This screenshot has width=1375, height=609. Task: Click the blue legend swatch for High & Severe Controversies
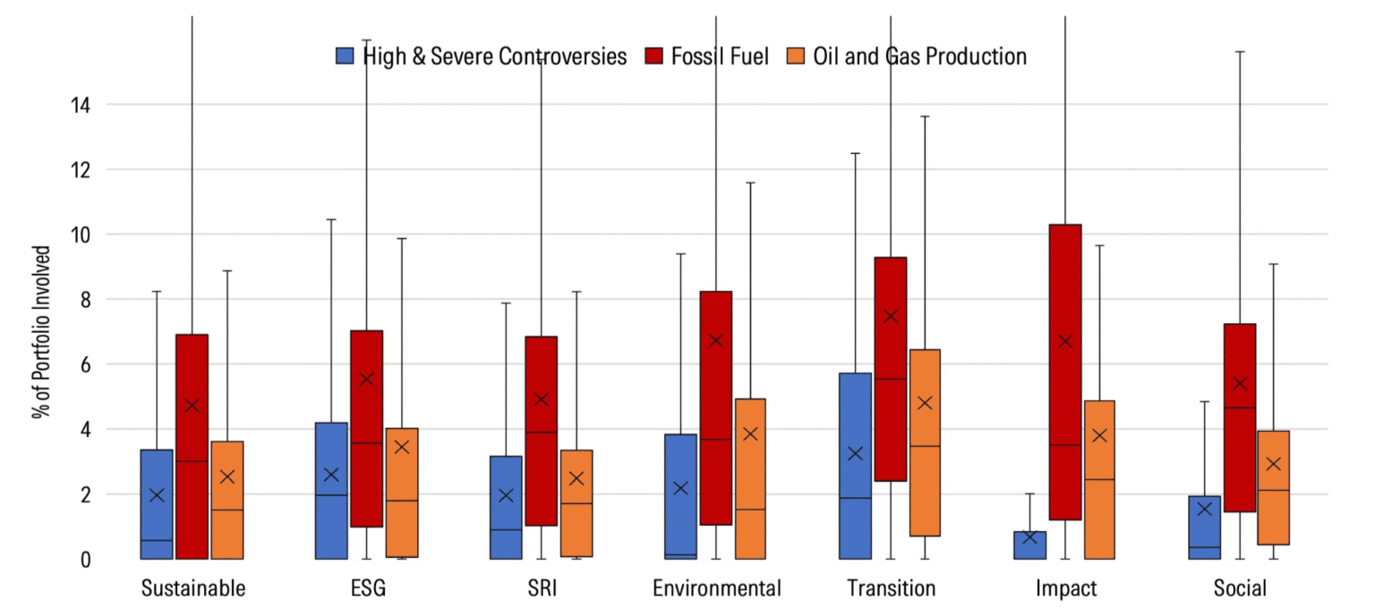pyautogui.click(x=346, y=56)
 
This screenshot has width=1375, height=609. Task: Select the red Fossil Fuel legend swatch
pyautogui.click(x=653, y=56)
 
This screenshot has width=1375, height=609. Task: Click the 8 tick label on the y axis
pyautogui.click(x=84, y=300)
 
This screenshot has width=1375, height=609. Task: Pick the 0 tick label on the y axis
pyautogui.click(x=84, y=560)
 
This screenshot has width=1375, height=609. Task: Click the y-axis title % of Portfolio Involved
pyautogui.click(x=40, y=332)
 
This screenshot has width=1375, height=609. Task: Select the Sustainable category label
pyautogui.click(x=193, y=588)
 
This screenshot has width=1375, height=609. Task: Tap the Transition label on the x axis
pyautogui.click(x=891, y=588)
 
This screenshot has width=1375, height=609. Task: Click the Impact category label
pyautogui.click(x=1065, y=588)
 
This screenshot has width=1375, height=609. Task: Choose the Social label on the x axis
pyautogui.click(x=1240, y=588)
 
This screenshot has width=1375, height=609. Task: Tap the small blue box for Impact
pyautogui.click(x=1029, y=545)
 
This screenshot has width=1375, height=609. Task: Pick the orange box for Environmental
pyautogui.click(x=750, y=479)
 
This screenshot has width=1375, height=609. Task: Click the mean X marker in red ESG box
pyautogui.click(x=366, y=379)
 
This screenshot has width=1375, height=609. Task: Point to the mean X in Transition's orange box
pyautogui.click(x=925, y=403)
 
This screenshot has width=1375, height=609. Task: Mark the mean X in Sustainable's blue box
pyautogui.click(x=157, y=495)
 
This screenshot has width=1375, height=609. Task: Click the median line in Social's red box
pyautogui.click(x=1240, y=407)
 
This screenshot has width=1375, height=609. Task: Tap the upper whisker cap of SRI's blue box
pyautogui.click(x=506, y=303)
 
